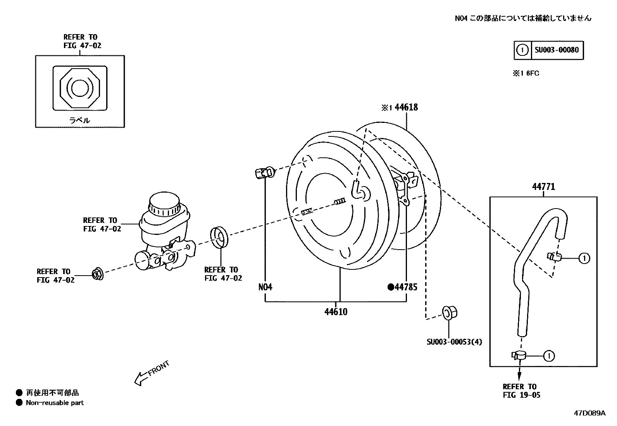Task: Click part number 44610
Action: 336,312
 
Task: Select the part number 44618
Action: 406,107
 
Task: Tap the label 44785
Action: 406,287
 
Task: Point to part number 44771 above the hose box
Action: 543,187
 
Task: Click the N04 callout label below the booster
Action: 265,287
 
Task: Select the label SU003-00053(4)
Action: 454,342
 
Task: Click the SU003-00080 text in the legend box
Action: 557,50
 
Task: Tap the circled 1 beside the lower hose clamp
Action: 549,355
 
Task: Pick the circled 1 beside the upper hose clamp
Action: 584,258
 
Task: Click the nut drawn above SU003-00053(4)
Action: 450,312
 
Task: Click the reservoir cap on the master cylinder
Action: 164,204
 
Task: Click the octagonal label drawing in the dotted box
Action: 79,88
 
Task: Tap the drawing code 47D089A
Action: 589,413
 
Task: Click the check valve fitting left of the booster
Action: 265,172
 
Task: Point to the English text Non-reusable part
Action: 55,403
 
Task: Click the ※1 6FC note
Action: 526,73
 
